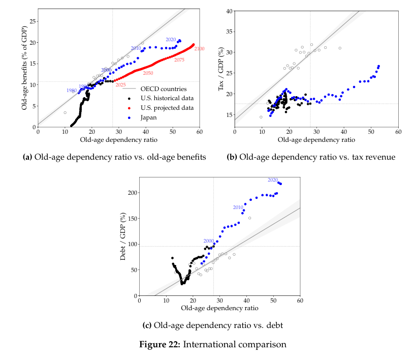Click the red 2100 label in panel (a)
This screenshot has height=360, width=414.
tap(199, 49)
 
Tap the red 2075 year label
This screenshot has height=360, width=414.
tap(179, 60)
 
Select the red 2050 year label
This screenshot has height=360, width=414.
tap(148, 73)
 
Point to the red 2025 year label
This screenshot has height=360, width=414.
tap(121, 84)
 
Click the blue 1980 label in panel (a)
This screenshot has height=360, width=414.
tap(72, 91)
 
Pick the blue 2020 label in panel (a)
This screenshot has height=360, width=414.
tap(171, 40)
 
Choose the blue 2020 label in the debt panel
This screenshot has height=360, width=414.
tap(273, 180)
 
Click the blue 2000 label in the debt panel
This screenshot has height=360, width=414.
tap(208, 241)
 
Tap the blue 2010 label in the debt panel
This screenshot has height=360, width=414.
tap(238, 207)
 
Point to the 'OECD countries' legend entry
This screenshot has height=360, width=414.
tap(163, 89)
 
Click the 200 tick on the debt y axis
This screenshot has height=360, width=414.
tap(131, 193)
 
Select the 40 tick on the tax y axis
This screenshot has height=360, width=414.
tap(229, 11)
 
